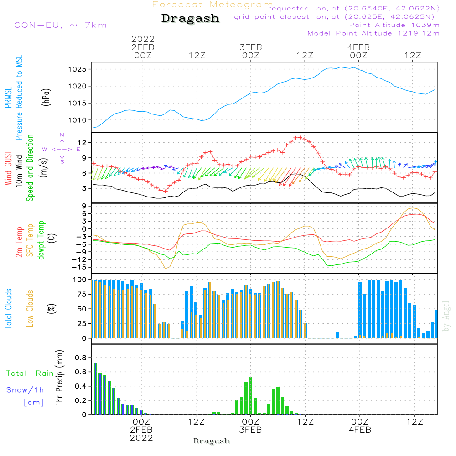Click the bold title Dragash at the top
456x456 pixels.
(190, 19)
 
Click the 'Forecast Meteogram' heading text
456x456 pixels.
(212, 5)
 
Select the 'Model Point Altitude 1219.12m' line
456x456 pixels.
(373, 33)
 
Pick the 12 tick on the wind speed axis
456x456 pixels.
(83, 143)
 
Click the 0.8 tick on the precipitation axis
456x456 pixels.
(81, 358)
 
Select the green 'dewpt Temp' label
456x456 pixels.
(41, 240)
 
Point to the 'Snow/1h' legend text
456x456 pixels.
(25, 390)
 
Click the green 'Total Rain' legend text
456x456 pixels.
(30, 373)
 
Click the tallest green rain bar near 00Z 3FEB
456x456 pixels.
(250, 395)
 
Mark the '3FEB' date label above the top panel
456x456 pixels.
(250, 47)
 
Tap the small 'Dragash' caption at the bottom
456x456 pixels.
(212, 441)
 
